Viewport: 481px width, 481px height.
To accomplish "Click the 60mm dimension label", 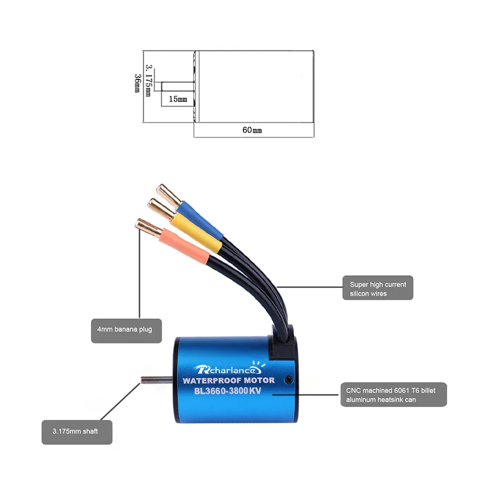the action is [x=252, y=130].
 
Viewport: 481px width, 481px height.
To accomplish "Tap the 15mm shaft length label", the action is [x=178, y=99].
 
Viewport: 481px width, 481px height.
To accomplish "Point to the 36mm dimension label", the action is [x=138, y=83].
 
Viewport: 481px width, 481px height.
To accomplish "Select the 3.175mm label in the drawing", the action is [x=149, y=80].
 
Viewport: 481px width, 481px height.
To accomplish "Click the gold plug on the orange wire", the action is [x=148, y=228].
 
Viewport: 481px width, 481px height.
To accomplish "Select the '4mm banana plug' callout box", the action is [x=127, y=331].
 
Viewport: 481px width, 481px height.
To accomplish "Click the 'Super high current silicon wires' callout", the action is [x=378, y=288].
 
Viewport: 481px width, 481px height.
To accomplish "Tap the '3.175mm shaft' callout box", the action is [x=77, y=432].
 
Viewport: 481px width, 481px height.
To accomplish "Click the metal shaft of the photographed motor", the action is [x=157, y=380].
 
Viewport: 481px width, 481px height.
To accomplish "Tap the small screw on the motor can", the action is [x=288, y=380].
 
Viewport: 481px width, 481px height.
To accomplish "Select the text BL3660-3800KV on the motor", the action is [x=228, y=391].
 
